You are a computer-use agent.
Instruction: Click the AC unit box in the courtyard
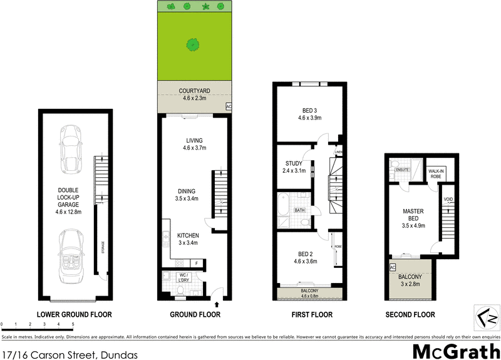coord(228,106)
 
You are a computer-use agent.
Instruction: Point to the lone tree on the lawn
coord(194,44)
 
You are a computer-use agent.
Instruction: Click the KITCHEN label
coord(188,236)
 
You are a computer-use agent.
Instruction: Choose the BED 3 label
coord(308,113)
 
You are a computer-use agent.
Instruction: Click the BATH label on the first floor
coord(300,210)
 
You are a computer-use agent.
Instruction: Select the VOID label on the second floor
coord(448,200)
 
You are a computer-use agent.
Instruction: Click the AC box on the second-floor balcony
coord(393,267)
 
